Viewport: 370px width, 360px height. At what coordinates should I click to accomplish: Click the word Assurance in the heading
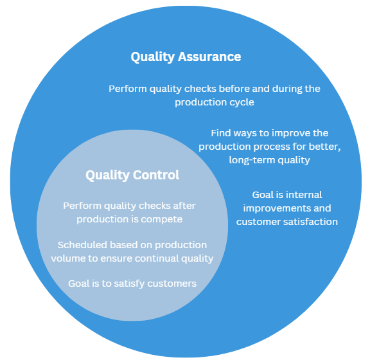coord(209,57)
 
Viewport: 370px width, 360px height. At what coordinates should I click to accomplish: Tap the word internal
coord(304,195)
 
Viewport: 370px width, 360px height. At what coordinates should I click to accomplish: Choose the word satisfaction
coord(315,222)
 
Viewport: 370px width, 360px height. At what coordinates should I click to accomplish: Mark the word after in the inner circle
coord(184,206)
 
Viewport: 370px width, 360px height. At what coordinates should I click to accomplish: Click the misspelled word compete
coord(162,220)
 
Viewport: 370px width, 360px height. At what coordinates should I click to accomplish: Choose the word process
coord(271,147)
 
